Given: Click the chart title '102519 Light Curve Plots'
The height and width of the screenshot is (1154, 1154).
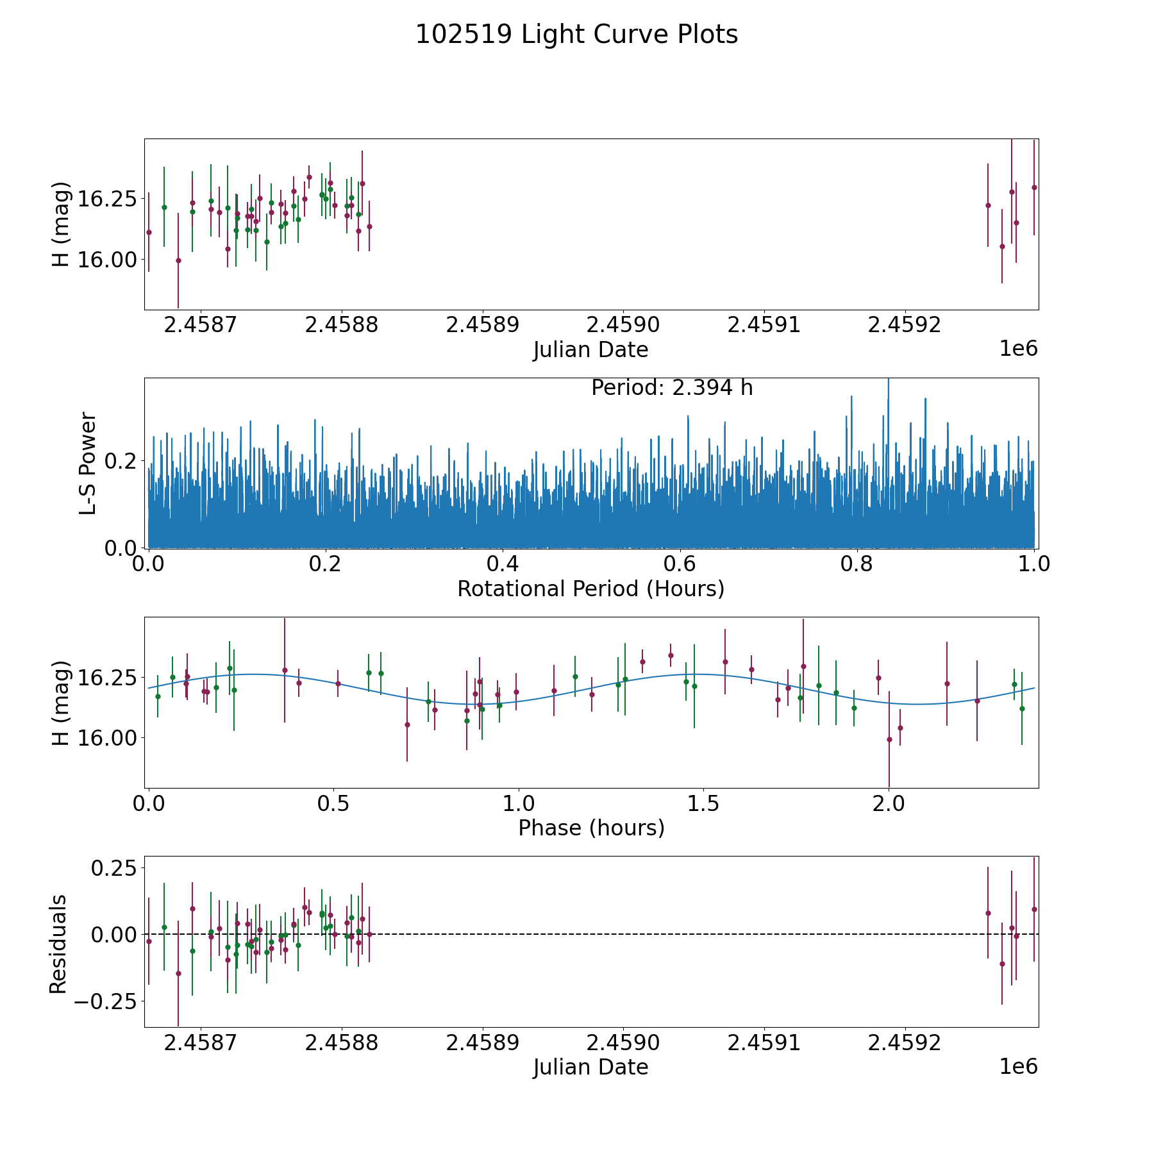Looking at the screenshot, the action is tap(576, 35).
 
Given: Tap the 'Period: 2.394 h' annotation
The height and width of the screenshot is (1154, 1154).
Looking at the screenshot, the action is tap(672, 388).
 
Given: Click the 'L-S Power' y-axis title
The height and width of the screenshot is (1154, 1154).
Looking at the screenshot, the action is tap(88, 463).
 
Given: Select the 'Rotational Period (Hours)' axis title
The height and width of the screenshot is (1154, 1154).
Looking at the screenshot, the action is tap(590, 589).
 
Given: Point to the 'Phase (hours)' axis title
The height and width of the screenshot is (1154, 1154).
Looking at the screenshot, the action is tap(591, 828).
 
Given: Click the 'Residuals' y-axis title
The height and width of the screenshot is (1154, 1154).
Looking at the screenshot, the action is tap(58, 944).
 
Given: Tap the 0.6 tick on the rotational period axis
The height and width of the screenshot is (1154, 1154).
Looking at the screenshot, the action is tap(680, 564).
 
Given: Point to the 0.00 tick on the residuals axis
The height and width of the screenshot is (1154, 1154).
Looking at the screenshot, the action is tap(113, 934).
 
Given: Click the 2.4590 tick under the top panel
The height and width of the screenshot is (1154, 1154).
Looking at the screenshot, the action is tap(623, 325).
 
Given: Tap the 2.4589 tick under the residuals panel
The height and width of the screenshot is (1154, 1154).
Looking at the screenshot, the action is tap(482, 1042).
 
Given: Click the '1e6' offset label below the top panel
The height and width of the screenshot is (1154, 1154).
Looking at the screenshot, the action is tap(1018, 348).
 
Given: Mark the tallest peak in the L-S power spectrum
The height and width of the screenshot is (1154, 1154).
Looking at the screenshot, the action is tap(888, 380).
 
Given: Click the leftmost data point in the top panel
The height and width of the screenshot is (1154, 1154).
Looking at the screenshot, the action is tap(149, 232).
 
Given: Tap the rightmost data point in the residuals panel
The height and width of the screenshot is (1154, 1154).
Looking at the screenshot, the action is tap(1034, 909).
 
